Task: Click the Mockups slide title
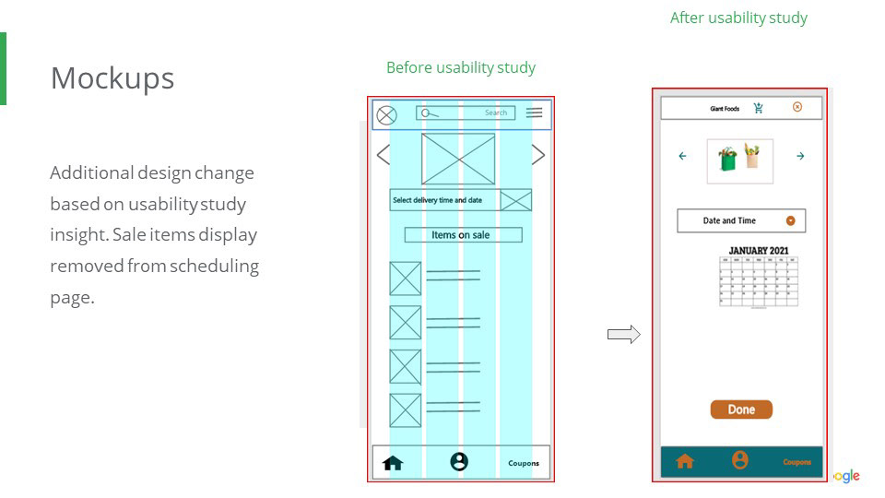pyautogui.click(x=112, y=78)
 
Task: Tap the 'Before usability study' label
pyautogui.click(x=460, y=67)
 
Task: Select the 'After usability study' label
pyautogui.click(x=738, y=18)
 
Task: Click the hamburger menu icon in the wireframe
pyautogui.click(x=535, y=113)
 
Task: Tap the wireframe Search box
pyautogui.click(x=465, y=113)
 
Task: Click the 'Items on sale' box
pyautogui.click(x=463, y=235)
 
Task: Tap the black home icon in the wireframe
pyautogui.click(x=393, y=463)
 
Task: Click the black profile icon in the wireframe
pyautogui.click(x=459, y=462)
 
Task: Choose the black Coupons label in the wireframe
pyautogui.click(x=524, y=463)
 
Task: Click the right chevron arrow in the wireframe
pyautogui.click(x=538, y=155)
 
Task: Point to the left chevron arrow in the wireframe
pyautogui.click(x=383, y=155)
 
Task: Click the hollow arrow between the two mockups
pyautogui.click(x=623, y=335)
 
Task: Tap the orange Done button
pyautogui.click(x=741, y=409)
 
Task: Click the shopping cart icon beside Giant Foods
pyautogui.click(x=759, y=108)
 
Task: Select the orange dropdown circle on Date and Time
pyautogui.click(x=791, y=220)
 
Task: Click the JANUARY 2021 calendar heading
pyautogui.click(x=759, y=250)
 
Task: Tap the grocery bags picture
pyautogui.click(x=740, y=159)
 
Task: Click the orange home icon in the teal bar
pyautogui.click(x=685, y=461)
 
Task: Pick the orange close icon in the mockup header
pyautogui.click(x=797, y=107)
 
